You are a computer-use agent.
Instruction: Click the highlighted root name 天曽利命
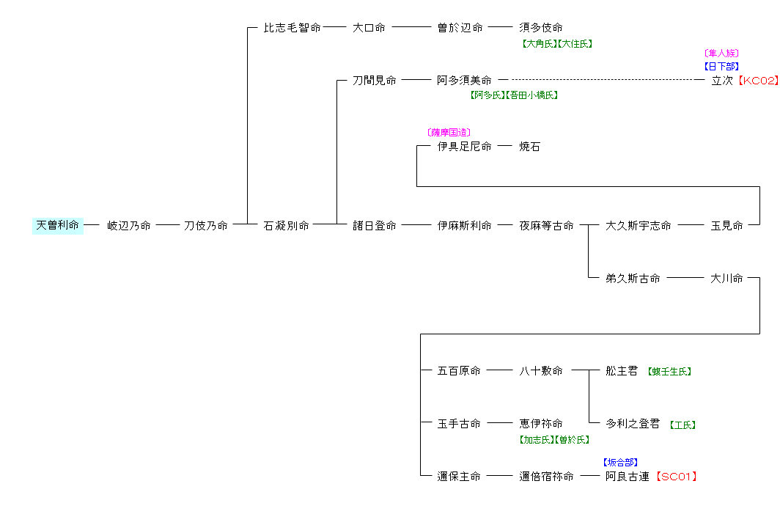pyautogui.click(x=57, y=226)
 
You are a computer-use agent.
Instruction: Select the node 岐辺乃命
pyautogui.click(x=129, y=226)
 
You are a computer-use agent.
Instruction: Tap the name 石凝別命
pyautogui.click(x=287, y=226)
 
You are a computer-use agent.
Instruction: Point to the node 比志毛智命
pyautogui.click(x=292, y=28)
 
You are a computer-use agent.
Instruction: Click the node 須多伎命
pyautogui.click(x=541, y=28)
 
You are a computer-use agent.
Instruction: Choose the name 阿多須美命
pyautogui.click(x=464, y=81)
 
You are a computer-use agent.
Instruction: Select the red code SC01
pyautogui.click(x=675, y=477)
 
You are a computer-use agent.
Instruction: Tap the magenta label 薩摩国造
pyautogui.click(x=449, y=133)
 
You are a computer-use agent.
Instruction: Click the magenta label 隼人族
pyautogui.click(x=721, y=54)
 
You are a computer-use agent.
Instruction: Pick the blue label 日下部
pyautogui.click(x=721, y=67)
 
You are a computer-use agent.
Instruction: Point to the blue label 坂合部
pyautogui.click(x=620, y=463)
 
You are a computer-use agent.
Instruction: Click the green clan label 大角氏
pyautogui.click(x=539, y=44)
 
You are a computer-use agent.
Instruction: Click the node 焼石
pyautogui.click(x=530, y=147)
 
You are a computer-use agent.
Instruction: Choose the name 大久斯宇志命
pyautogui.click(x=639, y=226)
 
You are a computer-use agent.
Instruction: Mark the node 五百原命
pyautogui.click(x=459, y=371)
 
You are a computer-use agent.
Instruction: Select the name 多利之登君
pyautogui.click(x=633, y=424)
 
